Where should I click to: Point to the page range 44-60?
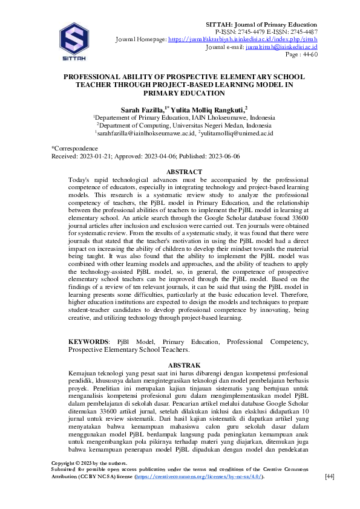click(310, 54)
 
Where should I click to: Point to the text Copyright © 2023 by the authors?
click(90, 463)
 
